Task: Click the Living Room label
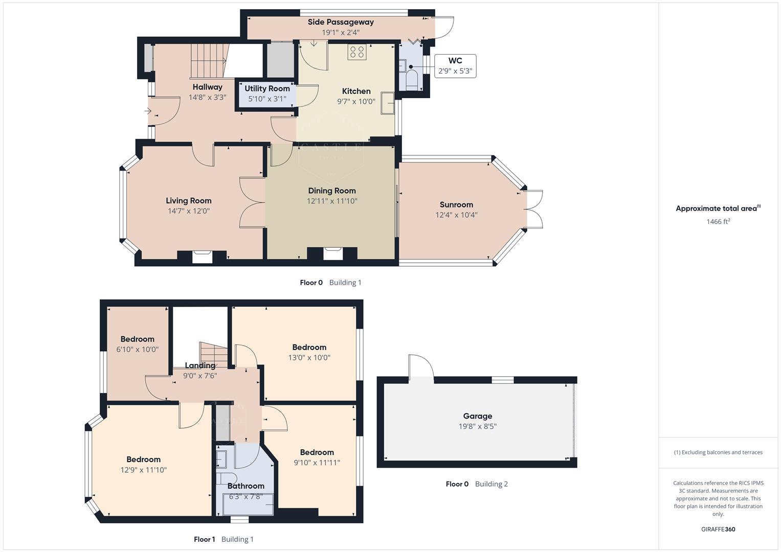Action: click(188, 201)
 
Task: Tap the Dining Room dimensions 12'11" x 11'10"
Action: click(332, 201)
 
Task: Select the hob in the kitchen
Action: click(356, 52)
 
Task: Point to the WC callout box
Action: click(455, 66)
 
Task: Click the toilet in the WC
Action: click(412, 80)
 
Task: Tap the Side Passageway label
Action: click(341, 22)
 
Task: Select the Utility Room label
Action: click(267, 88)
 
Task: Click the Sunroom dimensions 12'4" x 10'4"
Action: click(456, 215)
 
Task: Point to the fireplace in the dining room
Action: click(333, 254)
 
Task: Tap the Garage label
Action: click(477, 416)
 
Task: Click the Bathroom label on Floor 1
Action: click(246, 486)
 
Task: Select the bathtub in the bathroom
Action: click(248, 504)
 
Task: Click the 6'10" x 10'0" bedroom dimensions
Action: click(137, 350)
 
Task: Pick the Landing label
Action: click(200, 365)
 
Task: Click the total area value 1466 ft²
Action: click(718, 222)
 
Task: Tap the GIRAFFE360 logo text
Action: click(718, 529)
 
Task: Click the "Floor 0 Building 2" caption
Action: click(477, 484)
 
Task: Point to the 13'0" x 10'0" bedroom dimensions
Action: click(309, 358)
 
